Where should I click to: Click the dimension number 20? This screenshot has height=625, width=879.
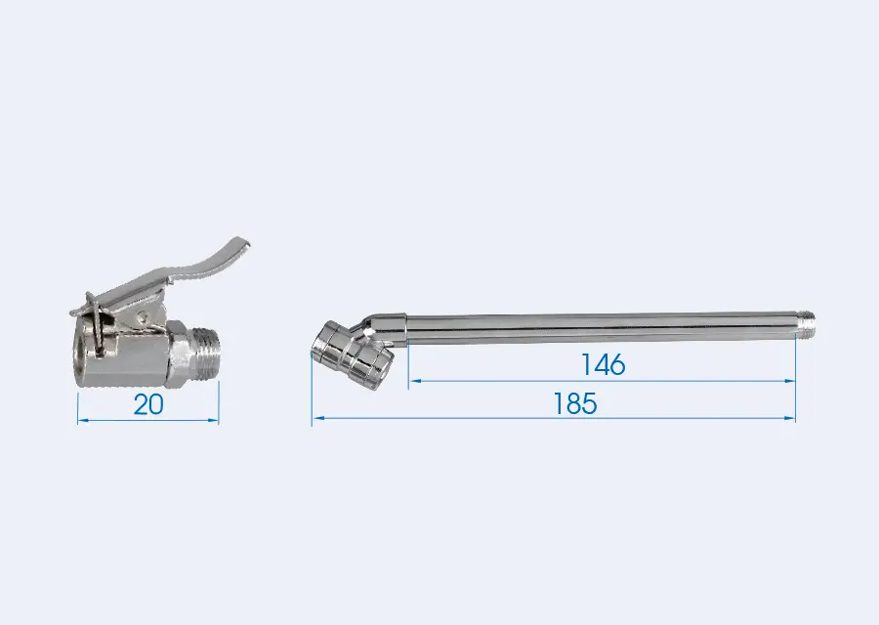tap(148, 404)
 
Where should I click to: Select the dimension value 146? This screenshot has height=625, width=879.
tap(604, 365)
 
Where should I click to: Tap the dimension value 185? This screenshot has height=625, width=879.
tap(575, 403)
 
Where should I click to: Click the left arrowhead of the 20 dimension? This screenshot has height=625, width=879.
tap(82, 420)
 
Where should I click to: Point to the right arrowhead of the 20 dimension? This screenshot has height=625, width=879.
tap(214, 420)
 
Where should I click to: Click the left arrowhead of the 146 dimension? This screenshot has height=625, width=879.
tap(415, 381)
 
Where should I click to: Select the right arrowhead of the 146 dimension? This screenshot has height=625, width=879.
tap(790, 381)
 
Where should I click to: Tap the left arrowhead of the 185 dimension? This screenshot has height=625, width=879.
tap(317, 418)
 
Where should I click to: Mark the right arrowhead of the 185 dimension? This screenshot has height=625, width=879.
tap(790, 418)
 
